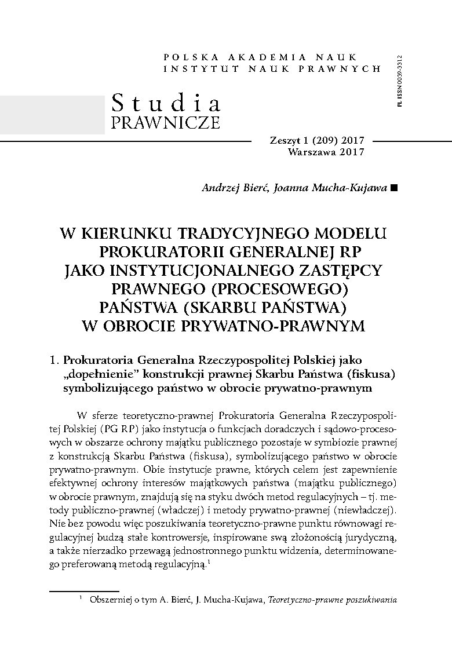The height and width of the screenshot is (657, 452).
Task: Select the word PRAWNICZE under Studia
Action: [166, 122]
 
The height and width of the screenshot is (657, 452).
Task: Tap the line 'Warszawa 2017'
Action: [326, 152]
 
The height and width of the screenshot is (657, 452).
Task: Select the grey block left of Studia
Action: [52, 114]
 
